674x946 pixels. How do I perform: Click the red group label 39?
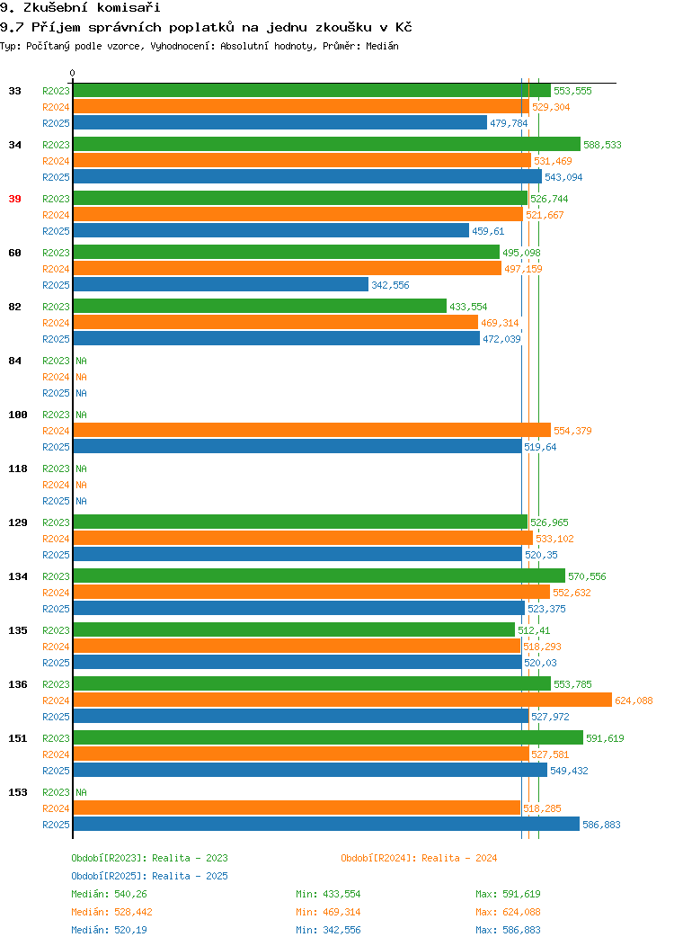click(14, 199)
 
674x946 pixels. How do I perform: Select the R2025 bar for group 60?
click(221, 285)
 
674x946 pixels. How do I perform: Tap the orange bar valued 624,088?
click(342, 701)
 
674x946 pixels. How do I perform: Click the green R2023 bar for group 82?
click(260, 307)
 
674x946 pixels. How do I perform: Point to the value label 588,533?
click(602, 145)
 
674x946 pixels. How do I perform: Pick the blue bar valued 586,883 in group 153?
click(326, 825)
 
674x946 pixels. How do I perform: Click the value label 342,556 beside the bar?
click(390, 285)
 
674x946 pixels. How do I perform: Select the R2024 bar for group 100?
click(312, 431)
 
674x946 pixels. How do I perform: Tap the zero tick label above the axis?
click(73, 73)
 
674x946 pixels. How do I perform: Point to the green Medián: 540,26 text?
click(109, 894)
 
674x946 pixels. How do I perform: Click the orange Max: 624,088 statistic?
click(508, 912)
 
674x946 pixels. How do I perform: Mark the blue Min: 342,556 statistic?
click(328, 931)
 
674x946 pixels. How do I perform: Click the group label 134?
click(17, 576)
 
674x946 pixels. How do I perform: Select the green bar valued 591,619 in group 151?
click(329, 738)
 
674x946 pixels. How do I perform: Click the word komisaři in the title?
click(129, 8)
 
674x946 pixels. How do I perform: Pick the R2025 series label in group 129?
click(56, 555)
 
